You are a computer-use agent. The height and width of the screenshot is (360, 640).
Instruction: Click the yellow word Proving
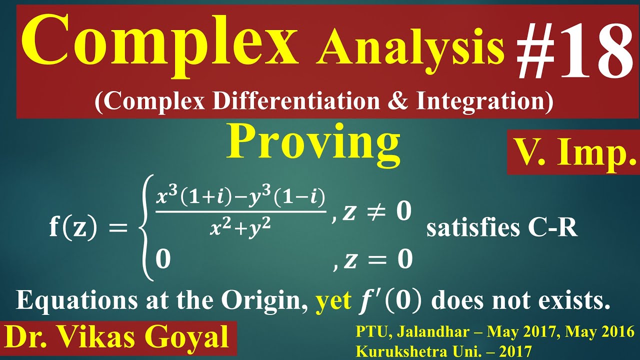pyautogui.click(x=313, y=142)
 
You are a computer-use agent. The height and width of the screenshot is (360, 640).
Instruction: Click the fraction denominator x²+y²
pyautogui.click(x=240, y=228)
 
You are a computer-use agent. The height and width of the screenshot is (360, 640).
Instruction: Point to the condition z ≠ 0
pyautogui.click(x=373, y=212)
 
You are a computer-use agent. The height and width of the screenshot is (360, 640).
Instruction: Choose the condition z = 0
pyautogui.click(x=373, y=259)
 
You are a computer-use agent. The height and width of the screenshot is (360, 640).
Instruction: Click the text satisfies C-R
pyautogui.click(x=501, y=228)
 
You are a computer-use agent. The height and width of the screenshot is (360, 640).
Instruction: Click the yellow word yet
pyautogui.click(x=333, y=301)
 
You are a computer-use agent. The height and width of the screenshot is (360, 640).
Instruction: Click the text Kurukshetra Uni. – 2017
pyautogui.click(x=443, y=351)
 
